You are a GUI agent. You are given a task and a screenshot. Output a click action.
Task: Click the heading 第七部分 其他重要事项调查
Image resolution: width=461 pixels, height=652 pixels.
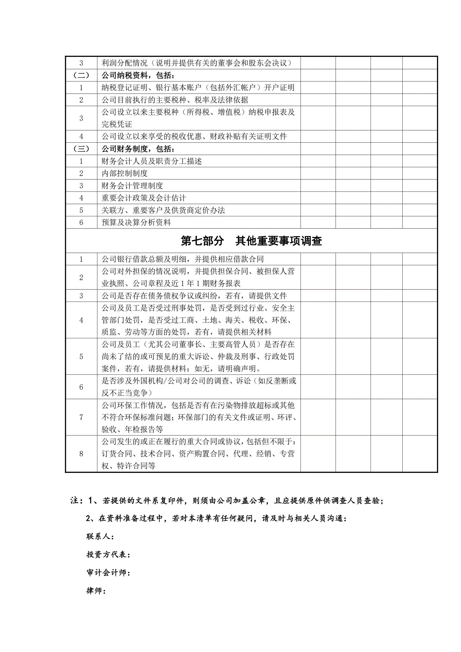[x=251, y=241]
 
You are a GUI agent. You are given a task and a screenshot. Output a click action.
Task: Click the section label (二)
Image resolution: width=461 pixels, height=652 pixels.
[x=81, y=75]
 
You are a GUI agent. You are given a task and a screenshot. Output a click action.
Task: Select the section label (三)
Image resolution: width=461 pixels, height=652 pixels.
[x=81, y=149]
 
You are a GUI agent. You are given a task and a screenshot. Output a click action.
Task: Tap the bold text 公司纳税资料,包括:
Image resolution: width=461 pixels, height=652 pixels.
[x=138, y=75]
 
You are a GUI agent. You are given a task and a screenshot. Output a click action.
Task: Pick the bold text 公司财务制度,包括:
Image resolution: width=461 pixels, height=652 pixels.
[x=138, y=149]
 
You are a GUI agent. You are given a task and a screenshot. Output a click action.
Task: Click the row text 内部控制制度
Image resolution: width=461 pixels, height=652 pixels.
[x=125, y=173]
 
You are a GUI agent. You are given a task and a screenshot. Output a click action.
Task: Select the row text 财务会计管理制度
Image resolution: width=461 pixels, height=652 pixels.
[x=132, y=186]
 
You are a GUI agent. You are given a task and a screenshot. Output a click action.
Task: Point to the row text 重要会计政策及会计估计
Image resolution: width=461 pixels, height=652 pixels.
[x=144, y=198]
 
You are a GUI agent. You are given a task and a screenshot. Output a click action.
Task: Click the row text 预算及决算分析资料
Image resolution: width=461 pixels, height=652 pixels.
[x=136, y=222]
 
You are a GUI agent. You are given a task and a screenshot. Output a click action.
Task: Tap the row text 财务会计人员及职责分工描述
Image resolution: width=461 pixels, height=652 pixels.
[x=152, y=161]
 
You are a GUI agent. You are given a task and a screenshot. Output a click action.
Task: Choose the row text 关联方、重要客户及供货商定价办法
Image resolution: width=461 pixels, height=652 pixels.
[x=163, y=210]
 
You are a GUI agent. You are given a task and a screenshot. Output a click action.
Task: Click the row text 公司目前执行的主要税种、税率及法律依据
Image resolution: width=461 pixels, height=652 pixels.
[x=175, y=100]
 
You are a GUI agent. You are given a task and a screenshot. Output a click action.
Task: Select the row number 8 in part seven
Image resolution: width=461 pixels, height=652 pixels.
[x=81, y=454]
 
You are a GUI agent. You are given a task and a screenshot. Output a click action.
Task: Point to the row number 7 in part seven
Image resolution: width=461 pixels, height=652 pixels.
[x=81, y=417]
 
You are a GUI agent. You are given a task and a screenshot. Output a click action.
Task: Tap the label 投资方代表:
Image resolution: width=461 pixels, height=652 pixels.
[x=108, y=555]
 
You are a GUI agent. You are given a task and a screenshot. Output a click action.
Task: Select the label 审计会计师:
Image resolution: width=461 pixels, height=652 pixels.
[x=108, y=573]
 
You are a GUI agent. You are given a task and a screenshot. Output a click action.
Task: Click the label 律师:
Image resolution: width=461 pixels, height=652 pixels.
[x=96, y=591]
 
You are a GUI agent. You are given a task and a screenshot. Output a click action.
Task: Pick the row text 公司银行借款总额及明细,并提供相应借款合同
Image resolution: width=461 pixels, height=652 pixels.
[x=183, y=259]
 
